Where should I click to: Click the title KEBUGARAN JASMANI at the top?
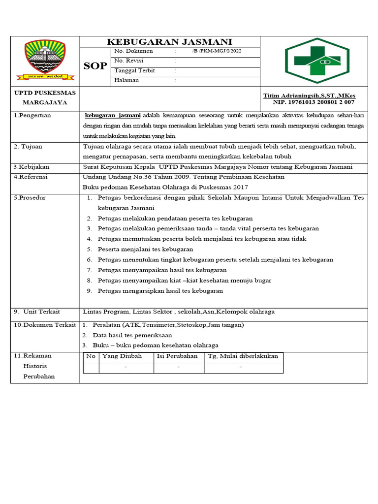[x=170, y=42]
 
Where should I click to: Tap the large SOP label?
[x=95, y=66]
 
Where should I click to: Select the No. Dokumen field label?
[x=133, y=51]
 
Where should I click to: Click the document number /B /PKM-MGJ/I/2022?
[x=217, y=51]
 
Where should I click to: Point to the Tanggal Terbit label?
[x=134, y=71]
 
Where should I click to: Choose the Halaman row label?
[x=126, y=80]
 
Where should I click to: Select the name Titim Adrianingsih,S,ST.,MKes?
[x=309, y=95]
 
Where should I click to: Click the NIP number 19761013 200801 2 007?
[x=314, y=102]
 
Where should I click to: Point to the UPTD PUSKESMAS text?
[x=45, y=93]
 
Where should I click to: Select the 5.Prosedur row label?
[x=30, y=197]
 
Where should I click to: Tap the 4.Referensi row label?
[x=31, y=177]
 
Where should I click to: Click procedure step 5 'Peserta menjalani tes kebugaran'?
[x=145, y=249]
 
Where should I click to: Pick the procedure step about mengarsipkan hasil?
[x=160, y=290]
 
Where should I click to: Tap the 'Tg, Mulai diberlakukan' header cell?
[x=243, y=356]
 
